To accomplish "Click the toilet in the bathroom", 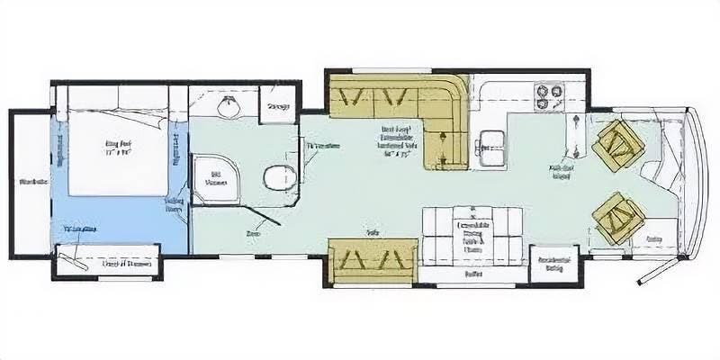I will [277, 176].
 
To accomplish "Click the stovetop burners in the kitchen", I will [546, 97].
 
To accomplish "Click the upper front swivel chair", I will [617, 145].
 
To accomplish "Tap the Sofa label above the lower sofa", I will [371, 231].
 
